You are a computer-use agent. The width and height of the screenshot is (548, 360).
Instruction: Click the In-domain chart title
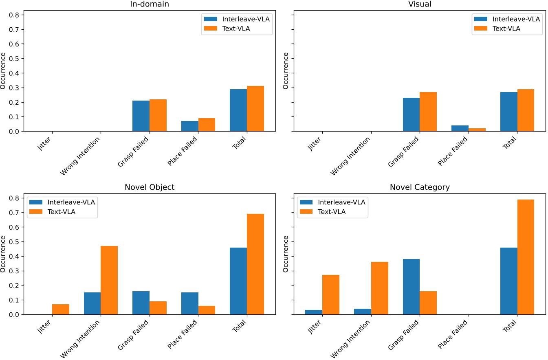(x=150, y=4)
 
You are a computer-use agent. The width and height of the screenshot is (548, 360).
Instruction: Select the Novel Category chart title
(x=420, y=187)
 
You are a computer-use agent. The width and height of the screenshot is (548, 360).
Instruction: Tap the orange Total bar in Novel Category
(x=526, y=257)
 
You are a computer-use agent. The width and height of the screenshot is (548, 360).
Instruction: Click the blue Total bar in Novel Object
(x=238, y=281)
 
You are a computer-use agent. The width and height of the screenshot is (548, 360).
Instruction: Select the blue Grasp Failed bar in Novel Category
(x=411, y=287)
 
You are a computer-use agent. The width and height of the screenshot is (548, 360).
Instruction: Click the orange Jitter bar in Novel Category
(x=331, y=295)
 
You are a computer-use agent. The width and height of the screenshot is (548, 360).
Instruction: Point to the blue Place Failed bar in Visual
(x=460, y=128)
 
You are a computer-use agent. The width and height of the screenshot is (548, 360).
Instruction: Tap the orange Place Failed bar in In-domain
(x=207, y=125)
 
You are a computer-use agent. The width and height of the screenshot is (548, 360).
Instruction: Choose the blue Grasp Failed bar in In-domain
(x=141, y=116)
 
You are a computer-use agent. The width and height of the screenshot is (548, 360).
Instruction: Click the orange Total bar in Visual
(x=526, y=110)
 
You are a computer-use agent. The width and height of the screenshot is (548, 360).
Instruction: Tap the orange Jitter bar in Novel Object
(x=61, y=310)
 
